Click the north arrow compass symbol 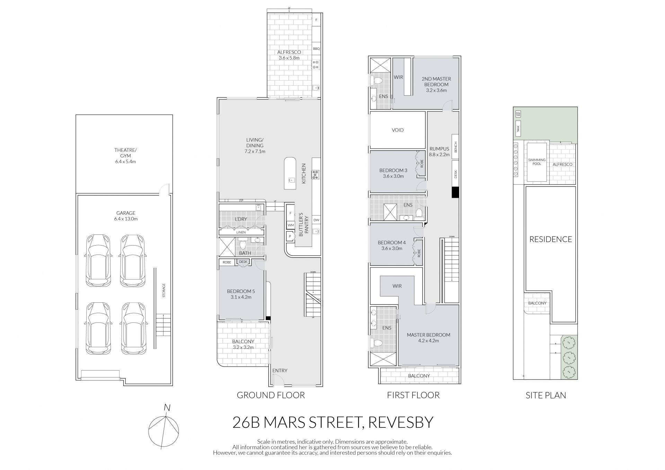(164, 429)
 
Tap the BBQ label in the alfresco (316, 49)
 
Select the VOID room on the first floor (398, 130)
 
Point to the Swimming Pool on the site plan (537, 162)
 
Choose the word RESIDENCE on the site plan (551, 239)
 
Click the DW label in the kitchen (316, 220)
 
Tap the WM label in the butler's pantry (291, 225)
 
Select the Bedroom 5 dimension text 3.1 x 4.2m (241, 297)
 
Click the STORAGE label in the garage (164, 291)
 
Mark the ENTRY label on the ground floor (280, 371)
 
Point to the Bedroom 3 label (393, 170)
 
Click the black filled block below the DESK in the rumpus (455, 193)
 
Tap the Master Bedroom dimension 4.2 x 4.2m (428, 341)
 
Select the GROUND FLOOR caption (271, 395)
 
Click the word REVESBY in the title (401, 423)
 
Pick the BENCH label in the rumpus (456, 147)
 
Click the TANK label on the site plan (518, 127)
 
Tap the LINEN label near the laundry (241, 232)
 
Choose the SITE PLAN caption (546, 395)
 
